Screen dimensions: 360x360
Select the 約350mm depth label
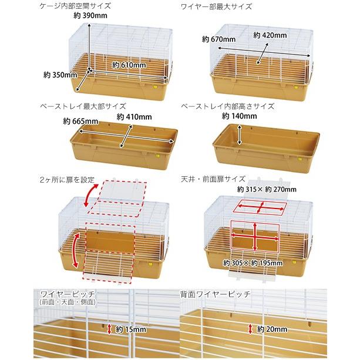coord(60,75)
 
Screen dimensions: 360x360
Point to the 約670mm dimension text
coord(218,39)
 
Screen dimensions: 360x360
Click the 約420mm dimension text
coord(270,35)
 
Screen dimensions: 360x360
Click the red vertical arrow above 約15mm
coord(109,329)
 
